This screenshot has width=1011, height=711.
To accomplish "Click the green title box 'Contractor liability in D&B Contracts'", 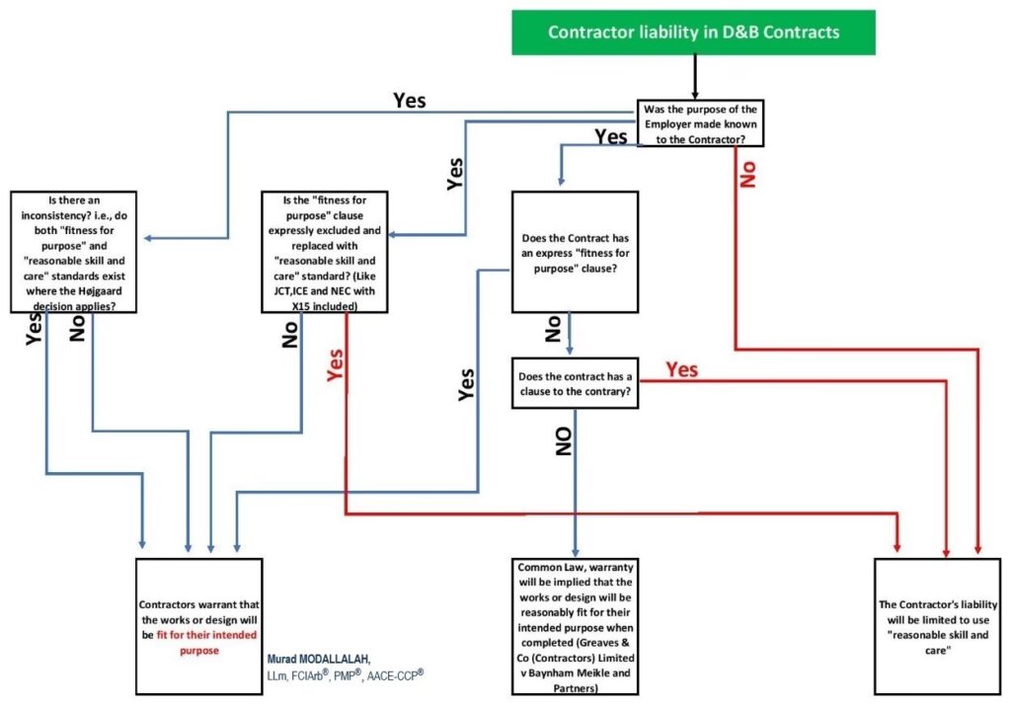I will tap(694, 32).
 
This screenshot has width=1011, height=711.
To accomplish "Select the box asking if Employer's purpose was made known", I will tap(701, 122).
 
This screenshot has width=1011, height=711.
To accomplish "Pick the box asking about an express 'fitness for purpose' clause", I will tap(574, 252).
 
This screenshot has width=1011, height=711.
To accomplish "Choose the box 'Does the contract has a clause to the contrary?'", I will tap(574, 383).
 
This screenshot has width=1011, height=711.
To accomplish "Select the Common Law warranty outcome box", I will tap(574, 626).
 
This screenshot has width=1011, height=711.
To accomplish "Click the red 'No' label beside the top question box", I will tap(748, 169).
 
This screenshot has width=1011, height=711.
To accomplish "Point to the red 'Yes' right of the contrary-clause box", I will tap(681, 369).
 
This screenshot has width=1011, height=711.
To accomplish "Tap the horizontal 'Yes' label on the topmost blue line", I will tap(410, 100).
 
